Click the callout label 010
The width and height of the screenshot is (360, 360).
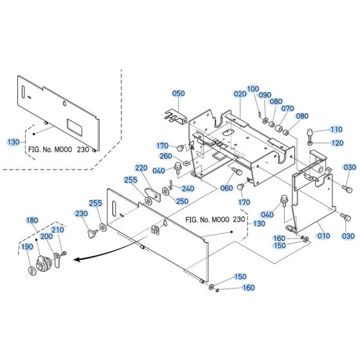pos(323,236)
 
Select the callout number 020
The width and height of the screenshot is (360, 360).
pos(240,93)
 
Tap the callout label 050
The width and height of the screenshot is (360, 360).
pos(178,93)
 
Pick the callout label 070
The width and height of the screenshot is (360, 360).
pos(287,109)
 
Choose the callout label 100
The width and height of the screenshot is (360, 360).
pos(253,88)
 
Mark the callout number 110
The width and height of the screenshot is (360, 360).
pos(336,129)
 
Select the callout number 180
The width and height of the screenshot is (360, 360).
pos(32,221)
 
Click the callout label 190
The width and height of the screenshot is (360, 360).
pos(27,246)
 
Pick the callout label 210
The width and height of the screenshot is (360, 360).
pos(57,230)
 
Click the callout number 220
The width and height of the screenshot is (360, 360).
pos(141,168)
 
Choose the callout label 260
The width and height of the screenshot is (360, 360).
pos(165,156)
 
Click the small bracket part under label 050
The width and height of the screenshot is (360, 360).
pos(175,116)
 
